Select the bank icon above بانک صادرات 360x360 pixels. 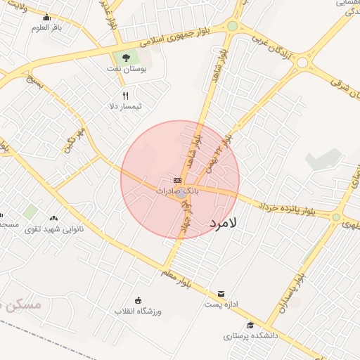click(176, 181)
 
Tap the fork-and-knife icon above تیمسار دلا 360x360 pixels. click(125, 96)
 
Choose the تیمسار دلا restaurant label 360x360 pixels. click(124, 106)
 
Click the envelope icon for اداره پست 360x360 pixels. click(221, 293)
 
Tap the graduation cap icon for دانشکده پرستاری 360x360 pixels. click(251, 325)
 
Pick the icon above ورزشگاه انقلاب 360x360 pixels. click(138, 300)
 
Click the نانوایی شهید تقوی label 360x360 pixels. click(54, 229)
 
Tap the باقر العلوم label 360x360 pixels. click(47, 28)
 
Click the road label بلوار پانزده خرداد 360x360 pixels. click(285, 208)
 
